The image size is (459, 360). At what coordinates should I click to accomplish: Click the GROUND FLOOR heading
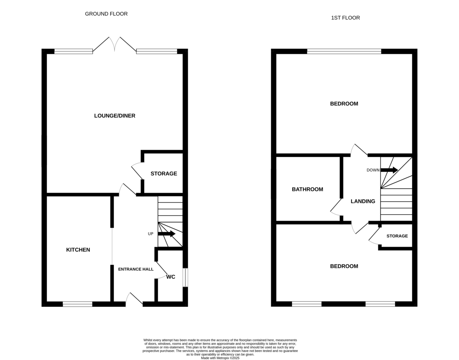pyautogui.click(x=106, y=14)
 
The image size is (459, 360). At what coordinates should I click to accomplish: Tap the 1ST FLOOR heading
pyautogui.click(x=345, y=18)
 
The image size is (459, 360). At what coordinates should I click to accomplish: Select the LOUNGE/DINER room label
pyautogui.click(x=115, y=116)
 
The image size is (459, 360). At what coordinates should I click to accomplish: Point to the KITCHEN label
pyautogui.click(x=78, y=250)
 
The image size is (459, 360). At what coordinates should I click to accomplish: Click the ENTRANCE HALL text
pyautogui.click(x=136, y=269)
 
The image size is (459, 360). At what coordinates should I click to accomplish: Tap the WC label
pyautogui.click(x=171, y=277)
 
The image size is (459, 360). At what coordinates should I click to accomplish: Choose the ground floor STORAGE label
pyautogui.click(x=164, y=174)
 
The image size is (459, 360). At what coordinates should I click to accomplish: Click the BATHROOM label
pyautogui.click(x=307, y=189)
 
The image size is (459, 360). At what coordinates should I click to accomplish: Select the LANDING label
pyautogui.click(x=363, y=201)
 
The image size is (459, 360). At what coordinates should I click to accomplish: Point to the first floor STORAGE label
pyautogui.click(x=397, y=236)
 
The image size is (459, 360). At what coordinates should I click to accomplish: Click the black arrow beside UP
pyautogui.click(x=167, y=234)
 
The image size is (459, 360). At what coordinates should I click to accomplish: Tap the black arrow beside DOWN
pyautogui.click(x=389, y=170)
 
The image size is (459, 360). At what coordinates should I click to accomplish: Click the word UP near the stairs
pyautogui.click(x=151, y=234)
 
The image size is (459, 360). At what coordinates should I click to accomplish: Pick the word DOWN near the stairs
pyautogui.click(x=373, y=170)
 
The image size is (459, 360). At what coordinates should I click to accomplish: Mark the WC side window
pyautogui.click(x=185, y=277)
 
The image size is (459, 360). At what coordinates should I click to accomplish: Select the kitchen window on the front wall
pyautogui.click(x=78, y=304)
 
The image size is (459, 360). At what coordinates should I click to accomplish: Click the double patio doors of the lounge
pyautogui.click(x=114, y=44)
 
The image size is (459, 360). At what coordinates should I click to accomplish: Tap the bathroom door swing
pyautogui.click(x=336, y=207)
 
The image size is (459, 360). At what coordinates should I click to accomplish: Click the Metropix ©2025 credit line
pyautogui.click(x=220, y=358)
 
